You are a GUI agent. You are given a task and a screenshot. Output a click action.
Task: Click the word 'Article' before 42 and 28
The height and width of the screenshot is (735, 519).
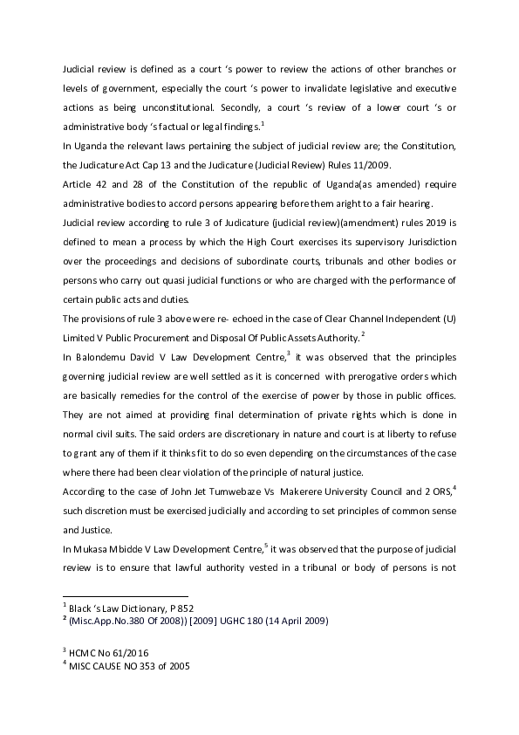pyautogui.click(x=77, y=185)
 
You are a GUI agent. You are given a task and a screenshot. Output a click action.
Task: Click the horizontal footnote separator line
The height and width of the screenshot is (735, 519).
pyautogui.click(x=113, y=594)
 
